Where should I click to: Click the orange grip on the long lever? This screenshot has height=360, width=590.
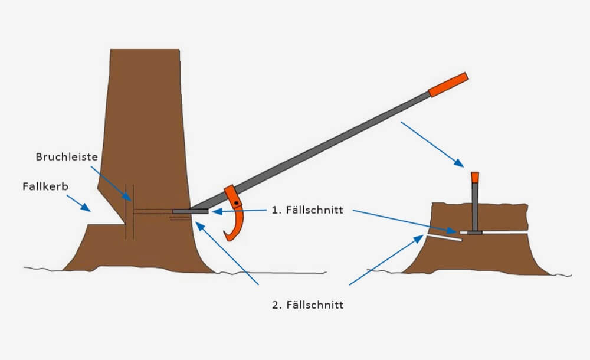pyautogui.click(x=448, y=84)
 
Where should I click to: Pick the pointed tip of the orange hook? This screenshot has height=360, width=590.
pyautogui.click(x=225, y=237)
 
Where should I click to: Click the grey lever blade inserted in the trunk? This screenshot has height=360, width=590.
pyautogui.click(x=190, y=211)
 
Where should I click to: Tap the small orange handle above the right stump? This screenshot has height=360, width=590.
pyautogui.click(x=474, y=176)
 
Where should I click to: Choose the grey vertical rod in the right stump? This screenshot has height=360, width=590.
pyautogui.click(x=475, y=207)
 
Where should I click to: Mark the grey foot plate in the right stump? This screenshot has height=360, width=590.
pyautogui.click(x=475, y=233)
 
